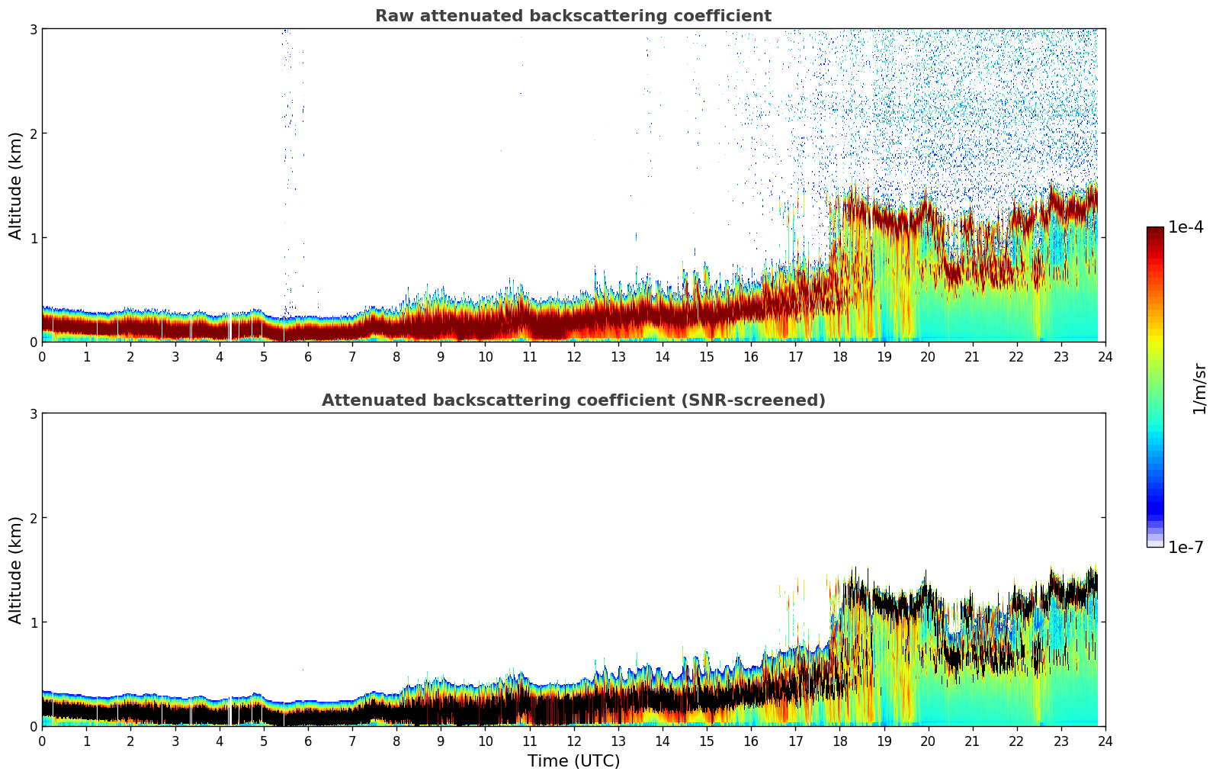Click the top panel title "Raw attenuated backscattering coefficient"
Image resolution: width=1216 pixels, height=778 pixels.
573,16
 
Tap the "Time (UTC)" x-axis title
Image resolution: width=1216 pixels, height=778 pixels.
573,760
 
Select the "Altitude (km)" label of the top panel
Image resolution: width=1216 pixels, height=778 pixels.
16,185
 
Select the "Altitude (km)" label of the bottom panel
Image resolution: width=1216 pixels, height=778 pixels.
16,570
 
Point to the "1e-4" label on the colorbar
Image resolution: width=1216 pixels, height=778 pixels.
1186,227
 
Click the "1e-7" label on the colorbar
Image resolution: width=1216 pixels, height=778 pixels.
1186,547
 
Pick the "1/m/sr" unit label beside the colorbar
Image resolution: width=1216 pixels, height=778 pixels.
1199,389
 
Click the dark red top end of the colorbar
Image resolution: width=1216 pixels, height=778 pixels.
1155,231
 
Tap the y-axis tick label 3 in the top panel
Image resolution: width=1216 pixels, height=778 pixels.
33,29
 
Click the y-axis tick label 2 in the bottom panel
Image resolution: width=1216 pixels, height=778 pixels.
33,518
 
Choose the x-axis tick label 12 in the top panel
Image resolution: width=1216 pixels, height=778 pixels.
573,356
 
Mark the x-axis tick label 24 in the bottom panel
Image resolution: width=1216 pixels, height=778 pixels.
1105,741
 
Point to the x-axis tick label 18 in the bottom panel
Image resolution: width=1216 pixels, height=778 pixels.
839,741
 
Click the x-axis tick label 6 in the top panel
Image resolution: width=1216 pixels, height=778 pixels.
308,356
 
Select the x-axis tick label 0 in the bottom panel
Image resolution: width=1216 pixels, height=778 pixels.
42,741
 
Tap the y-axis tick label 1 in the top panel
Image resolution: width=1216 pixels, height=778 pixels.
33,238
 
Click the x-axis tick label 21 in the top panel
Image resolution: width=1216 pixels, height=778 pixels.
972,356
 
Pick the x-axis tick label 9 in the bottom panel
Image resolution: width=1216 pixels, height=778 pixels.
441,741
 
